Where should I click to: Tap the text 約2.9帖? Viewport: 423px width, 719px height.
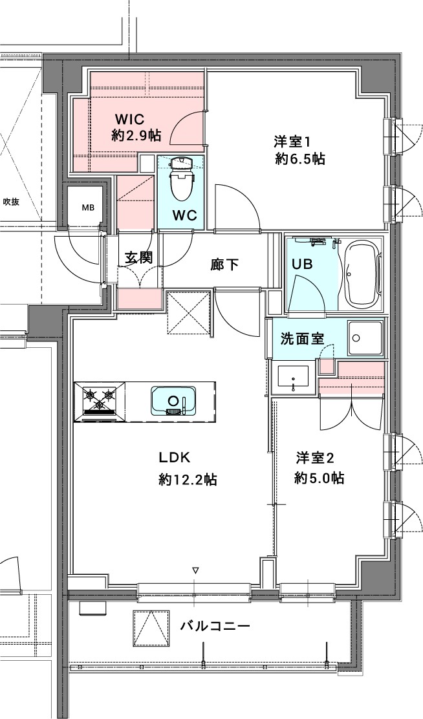coord(136,135)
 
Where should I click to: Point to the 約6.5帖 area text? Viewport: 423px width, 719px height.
coord(299,159)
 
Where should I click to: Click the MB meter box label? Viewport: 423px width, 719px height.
coord(87,208)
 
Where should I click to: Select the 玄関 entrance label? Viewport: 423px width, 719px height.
coord(138,257)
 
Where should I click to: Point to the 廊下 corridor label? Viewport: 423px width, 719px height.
coord(225,264)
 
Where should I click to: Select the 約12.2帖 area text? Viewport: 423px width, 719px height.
coord(188,479)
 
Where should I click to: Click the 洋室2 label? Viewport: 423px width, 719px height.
coord(315,458)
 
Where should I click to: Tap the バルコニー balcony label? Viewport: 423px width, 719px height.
coord(215,625)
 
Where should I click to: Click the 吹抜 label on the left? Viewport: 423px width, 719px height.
coord(11,202)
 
